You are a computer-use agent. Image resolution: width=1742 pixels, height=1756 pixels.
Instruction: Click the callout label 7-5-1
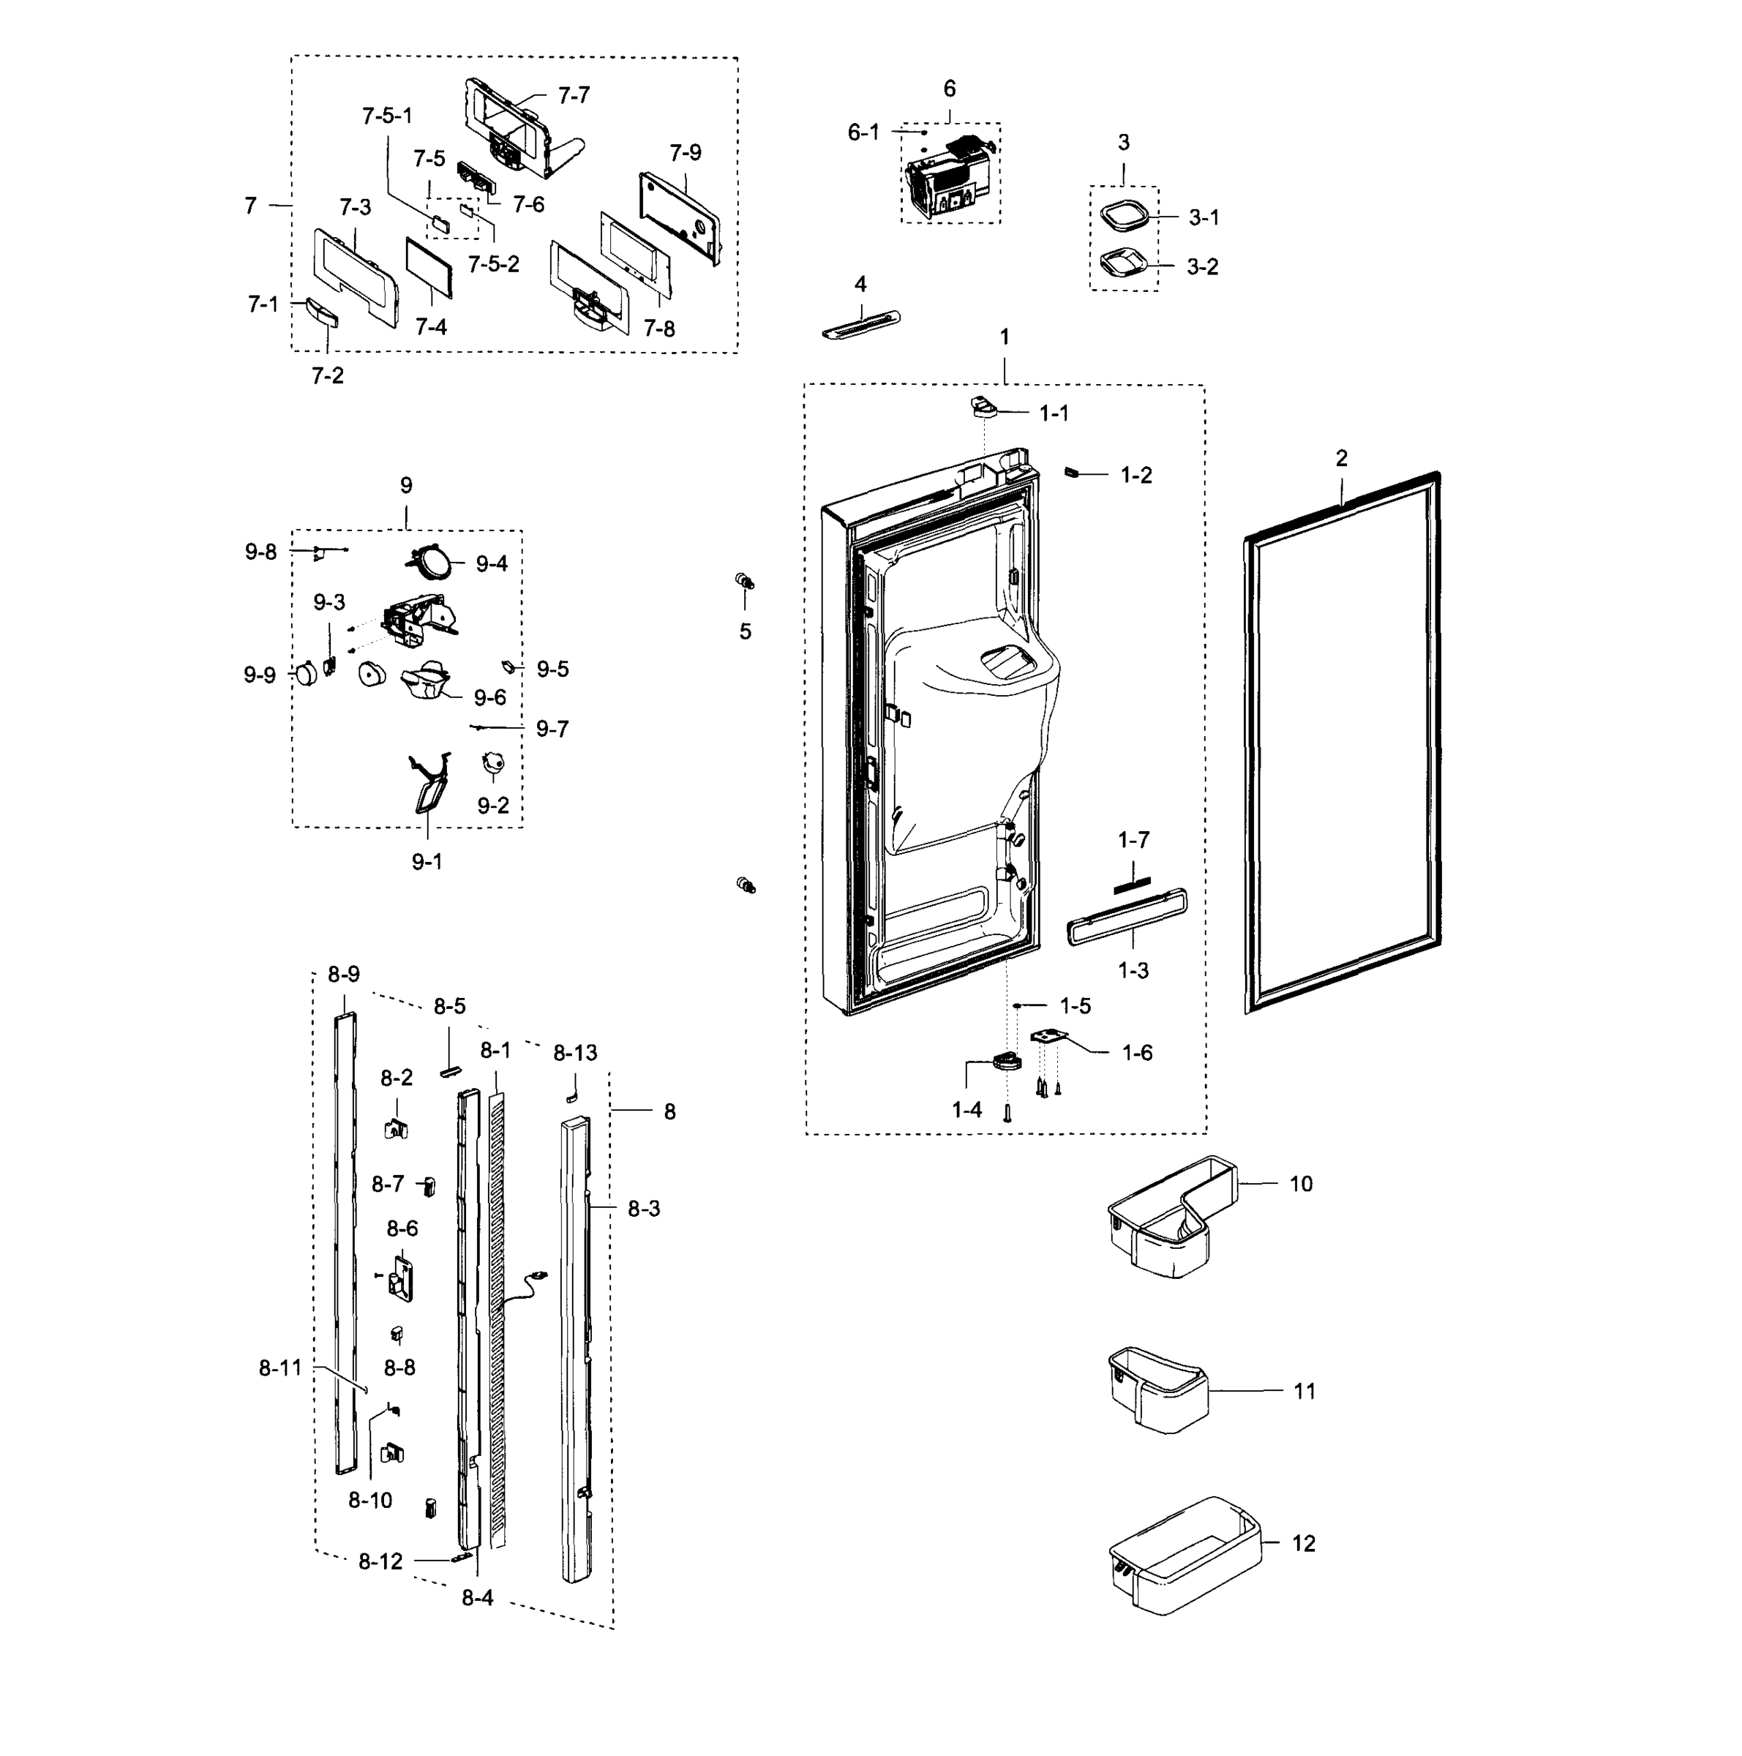(386, 116)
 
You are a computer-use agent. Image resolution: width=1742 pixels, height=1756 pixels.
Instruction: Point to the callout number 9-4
(492, 563)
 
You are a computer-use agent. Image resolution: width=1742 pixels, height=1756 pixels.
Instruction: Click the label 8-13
(575, 1053)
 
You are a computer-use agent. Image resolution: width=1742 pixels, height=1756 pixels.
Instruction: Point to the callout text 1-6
(1137, 1053)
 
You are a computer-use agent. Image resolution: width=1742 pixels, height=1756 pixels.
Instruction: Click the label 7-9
(686, 153)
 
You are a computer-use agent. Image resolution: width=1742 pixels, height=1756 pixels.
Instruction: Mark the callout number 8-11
(280, 1368)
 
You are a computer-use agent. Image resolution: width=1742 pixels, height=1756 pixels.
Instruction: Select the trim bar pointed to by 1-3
(1127, 919)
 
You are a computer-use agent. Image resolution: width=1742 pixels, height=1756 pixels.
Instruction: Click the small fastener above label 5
(744, 581)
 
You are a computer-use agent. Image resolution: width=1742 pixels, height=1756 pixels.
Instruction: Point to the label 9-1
(427, 860)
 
